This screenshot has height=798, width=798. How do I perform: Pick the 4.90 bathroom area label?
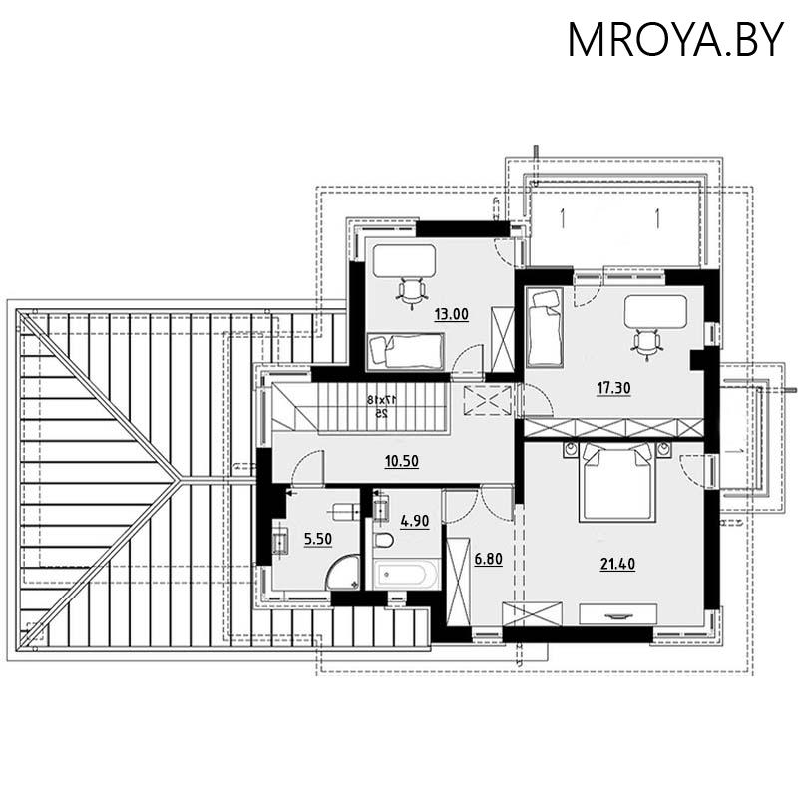[414, 520]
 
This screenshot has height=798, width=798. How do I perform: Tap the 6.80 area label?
[488, 559]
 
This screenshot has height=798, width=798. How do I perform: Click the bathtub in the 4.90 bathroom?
[404, 574]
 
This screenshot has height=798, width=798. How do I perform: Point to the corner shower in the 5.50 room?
[342, 571]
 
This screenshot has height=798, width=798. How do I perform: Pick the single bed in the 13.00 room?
[405, 350]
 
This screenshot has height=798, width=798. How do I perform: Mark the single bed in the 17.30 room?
[545, 326]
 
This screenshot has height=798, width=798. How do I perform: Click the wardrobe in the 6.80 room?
[458, 581]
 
